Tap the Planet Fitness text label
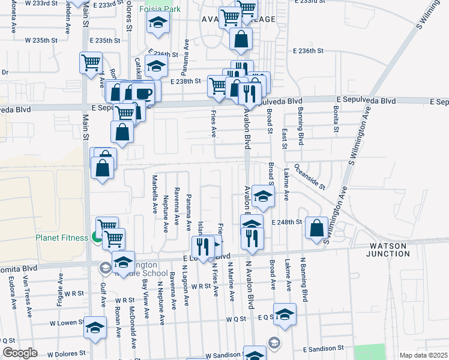[x=61, y=238]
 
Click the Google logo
[x=20, y=353]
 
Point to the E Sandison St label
[x=324, y=348]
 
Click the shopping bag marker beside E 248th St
[x=316, y=228]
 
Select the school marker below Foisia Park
[x=158, y=23]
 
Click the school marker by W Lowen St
[x=94, y=328]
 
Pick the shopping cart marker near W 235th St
[x=90, y=62]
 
